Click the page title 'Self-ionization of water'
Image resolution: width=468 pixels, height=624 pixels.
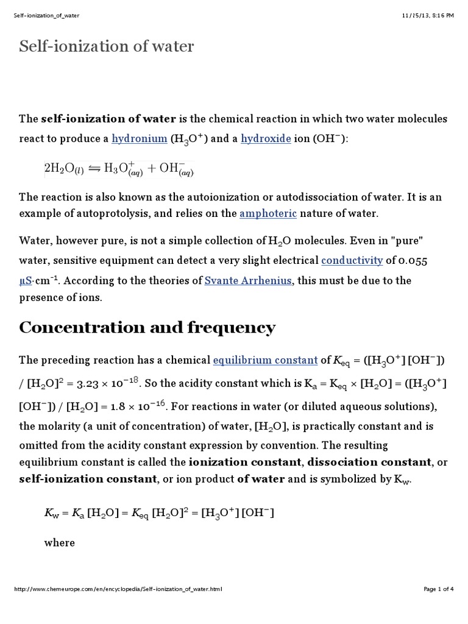107,46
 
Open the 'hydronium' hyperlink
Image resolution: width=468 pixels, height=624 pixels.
139,139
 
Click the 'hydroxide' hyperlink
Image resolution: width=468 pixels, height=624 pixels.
266,139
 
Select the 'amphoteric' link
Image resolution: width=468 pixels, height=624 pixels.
268,213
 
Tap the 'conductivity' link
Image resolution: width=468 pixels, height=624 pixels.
352,261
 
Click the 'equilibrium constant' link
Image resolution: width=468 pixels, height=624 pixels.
265,360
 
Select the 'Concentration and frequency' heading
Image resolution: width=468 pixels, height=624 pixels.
147,328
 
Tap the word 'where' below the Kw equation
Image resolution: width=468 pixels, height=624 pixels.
59,542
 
